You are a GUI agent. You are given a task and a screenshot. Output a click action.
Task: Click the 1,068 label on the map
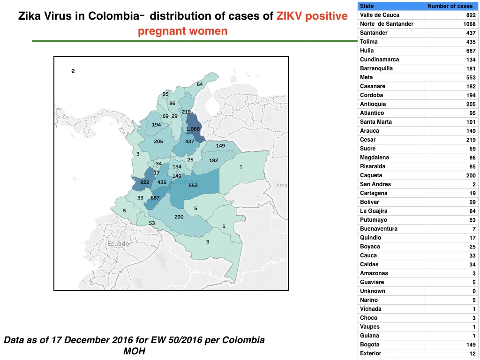[193, 129]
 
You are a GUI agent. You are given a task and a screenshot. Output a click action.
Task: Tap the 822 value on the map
[145, 182]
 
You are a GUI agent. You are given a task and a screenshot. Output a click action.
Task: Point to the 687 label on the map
[155, 198]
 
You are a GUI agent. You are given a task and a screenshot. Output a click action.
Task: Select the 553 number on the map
[193, 185]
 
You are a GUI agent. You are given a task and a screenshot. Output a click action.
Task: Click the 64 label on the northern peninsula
[200, 84]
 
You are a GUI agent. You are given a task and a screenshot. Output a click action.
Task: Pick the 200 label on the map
[179, 217]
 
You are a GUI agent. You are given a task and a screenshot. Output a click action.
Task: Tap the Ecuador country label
[120, 244]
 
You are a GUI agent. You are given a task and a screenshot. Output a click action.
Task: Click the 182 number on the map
[214, 160]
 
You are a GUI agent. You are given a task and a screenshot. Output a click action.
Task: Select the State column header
[367, 6]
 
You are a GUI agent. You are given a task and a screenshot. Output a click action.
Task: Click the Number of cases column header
[450, 6]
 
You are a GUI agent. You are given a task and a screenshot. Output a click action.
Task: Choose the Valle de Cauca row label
[380, 15]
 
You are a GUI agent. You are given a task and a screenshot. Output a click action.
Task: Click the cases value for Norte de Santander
[469, 24]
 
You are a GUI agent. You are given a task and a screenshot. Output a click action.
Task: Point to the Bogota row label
[369, 345]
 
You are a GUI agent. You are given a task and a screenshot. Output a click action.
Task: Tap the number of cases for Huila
[471, 51]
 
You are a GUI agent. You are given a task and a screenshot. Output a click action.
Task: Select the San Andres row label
[375, 184]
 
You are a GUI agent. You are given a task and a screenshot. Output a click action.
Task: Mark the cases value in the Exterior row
[472, 353]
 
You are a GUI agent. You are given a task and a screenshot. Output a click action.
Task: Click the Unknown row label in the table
[373, 291]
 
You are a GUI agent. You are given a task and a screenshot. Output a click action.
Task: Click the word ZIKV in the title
[289, 16]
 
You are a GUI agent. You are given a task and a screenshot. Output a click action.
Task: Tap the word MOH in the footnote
[135, 351]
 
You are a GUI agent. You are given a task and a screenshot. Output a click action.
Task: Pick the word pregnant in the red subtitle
[162, 31]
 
